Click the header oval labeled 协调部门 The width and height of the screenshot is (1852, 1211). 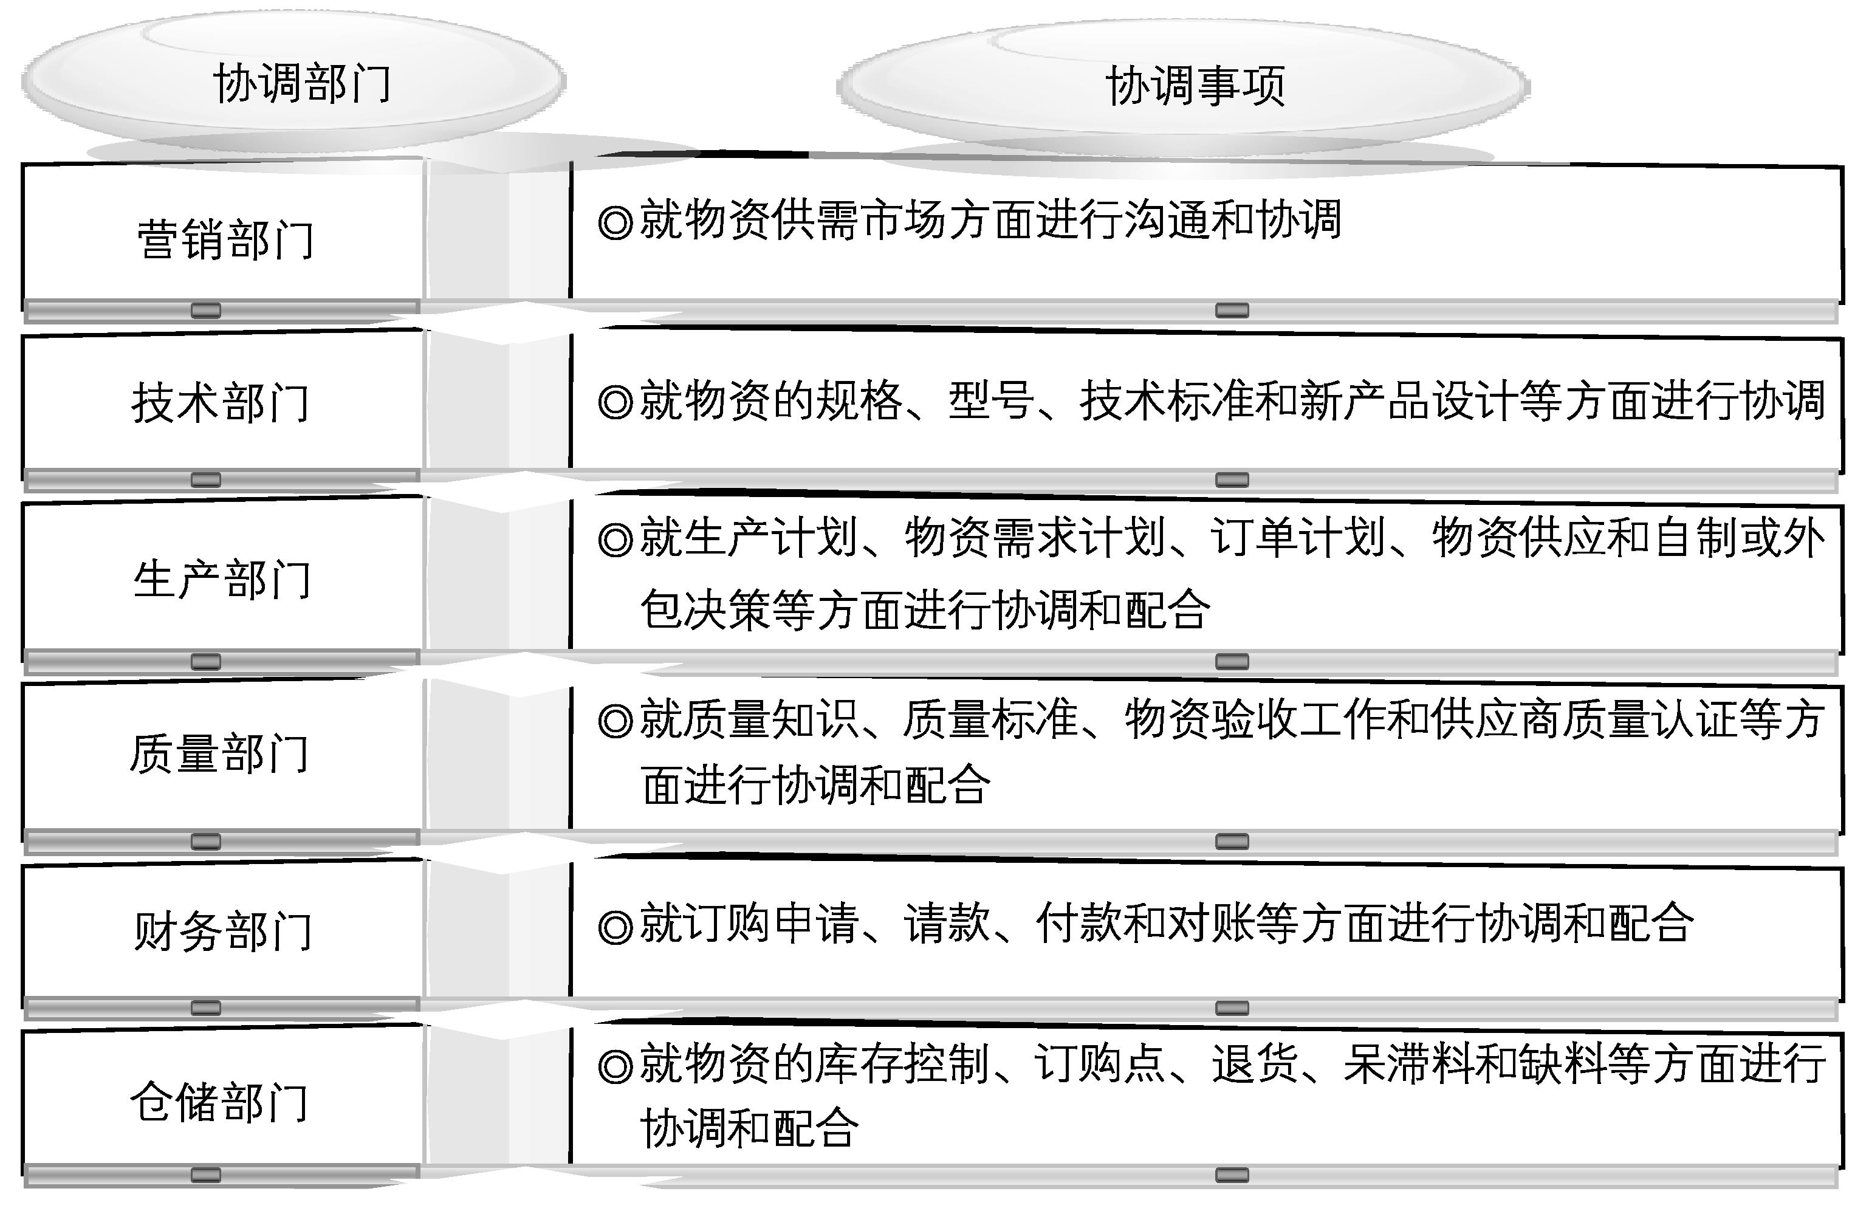click(x=294, y=81)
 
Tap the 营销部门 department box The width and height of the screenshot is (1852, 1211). click(x=224, y=233)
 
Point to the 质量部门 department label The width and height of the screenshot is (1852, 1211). click(x=220, y=753)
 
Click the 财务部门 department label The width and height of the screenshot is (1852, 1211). click(x=224, y=931)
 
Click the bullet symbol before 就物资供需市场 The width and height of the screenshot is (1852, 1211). click(x=616, y=222)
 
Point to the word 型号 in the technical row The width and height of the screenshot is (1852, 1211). click(x=990, y=401)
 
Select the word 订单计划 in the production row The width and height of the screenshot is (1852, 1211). click(x=1298, y=538)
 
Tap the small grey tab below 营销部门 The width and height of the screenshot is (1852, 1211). click(x=205, y=310)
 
